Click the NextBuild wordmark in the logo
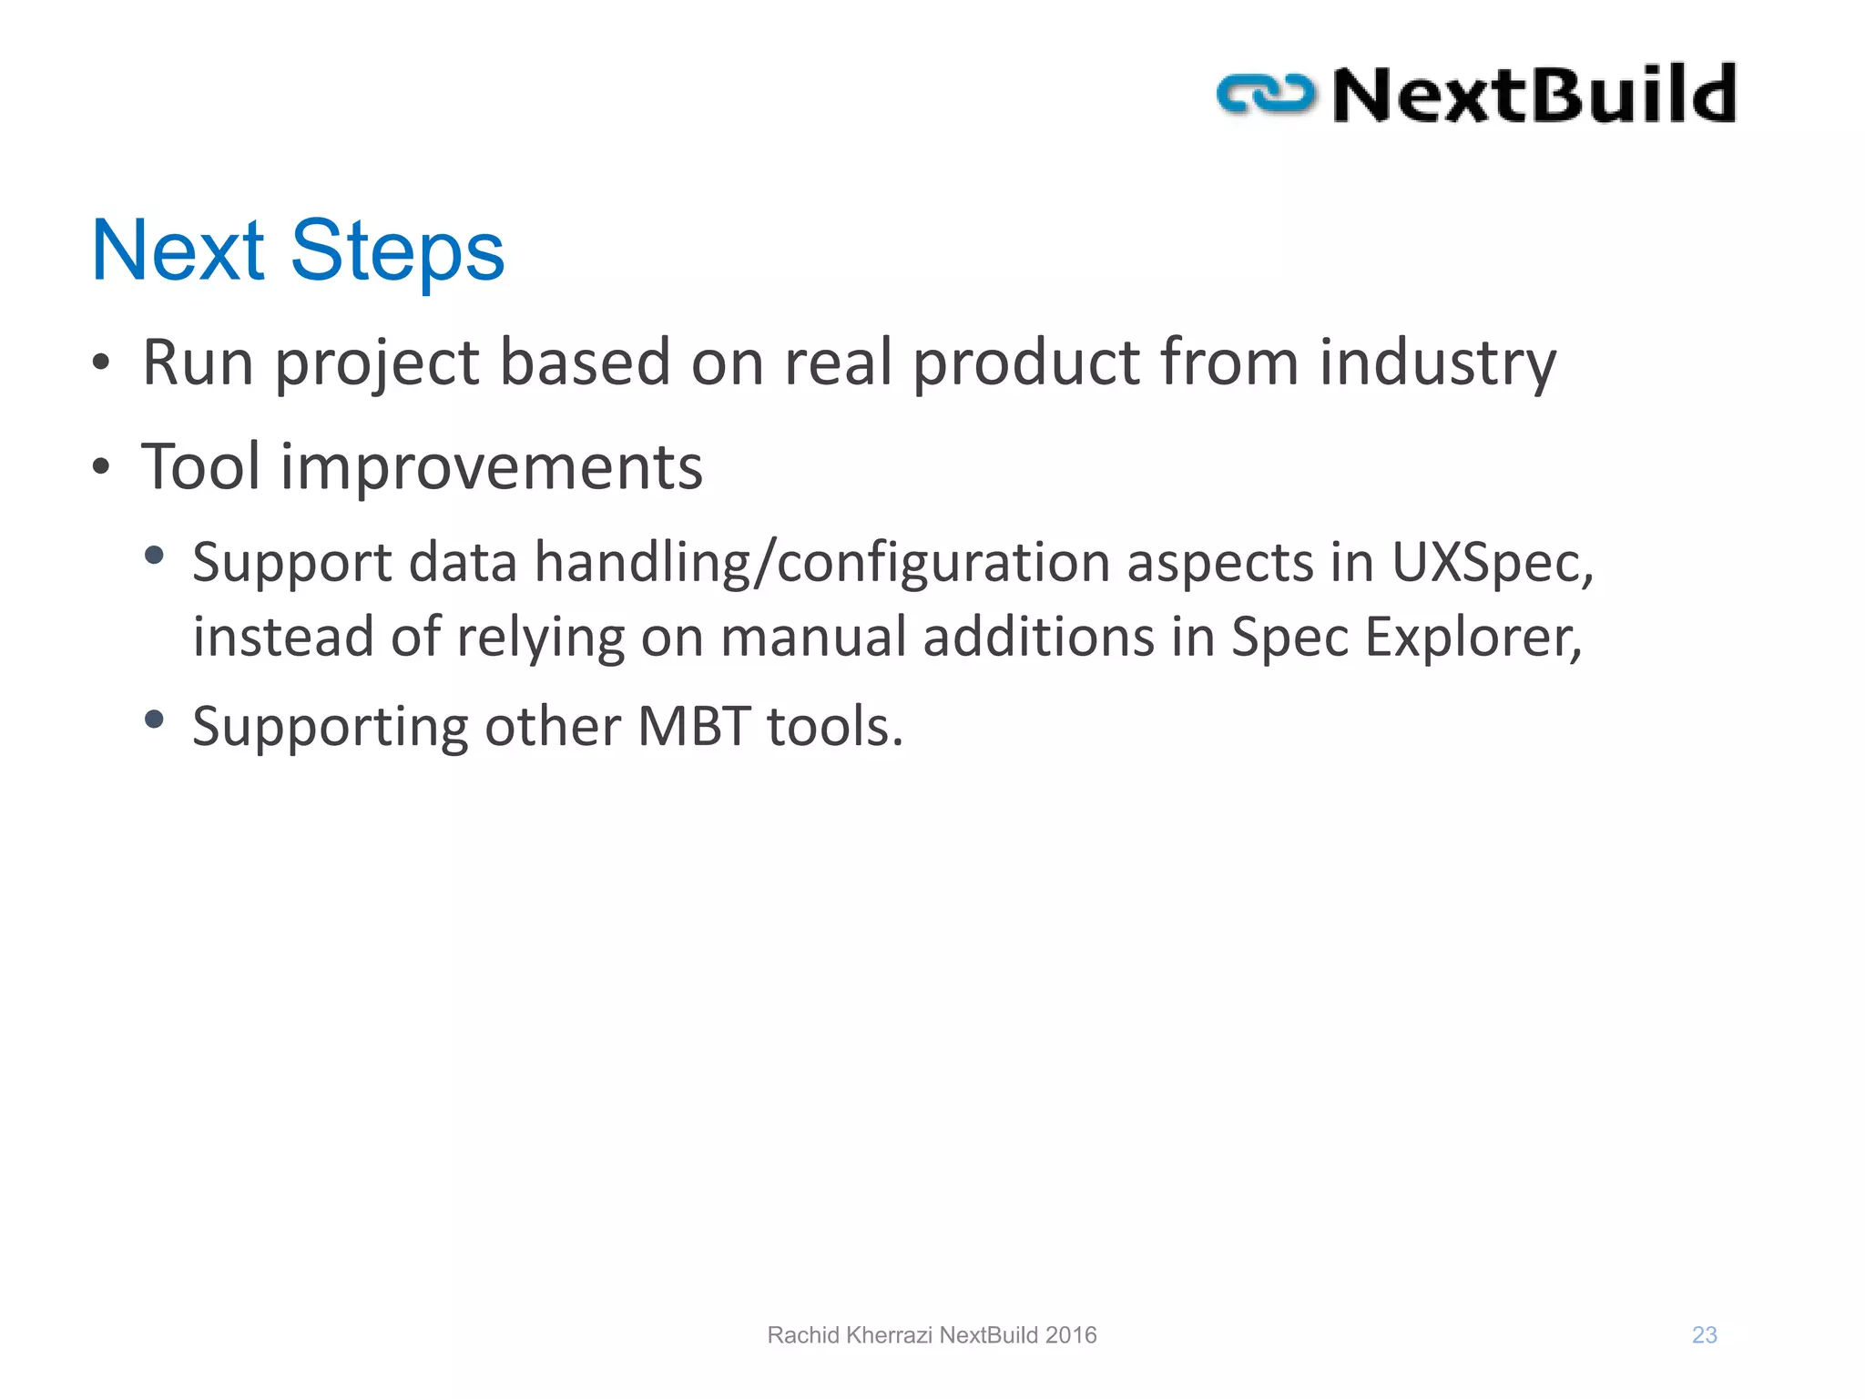pyautogui.click(x=1534, y=94)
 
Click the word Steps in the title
pyautogui.click(x=397, y=251)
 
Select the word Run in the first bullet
pyautogui.click(x=198, y=363)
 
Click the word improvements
pyautogui.click(x=492, y=466)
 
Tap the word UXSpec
pyautogui.click(x=1492, y=563)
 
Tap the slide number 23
pyautogui.click(x=1704, y=1335)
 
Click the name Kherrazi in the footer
pyautogui.click(x=889, y=1335)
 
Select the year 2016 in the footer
pyautogui.click(x=1071, y=1335)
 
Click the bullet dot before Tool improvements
pyautogui.click(x=101, y=467)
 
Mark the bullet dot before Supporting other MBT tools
pyautogui.click(x=154, y=720)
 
